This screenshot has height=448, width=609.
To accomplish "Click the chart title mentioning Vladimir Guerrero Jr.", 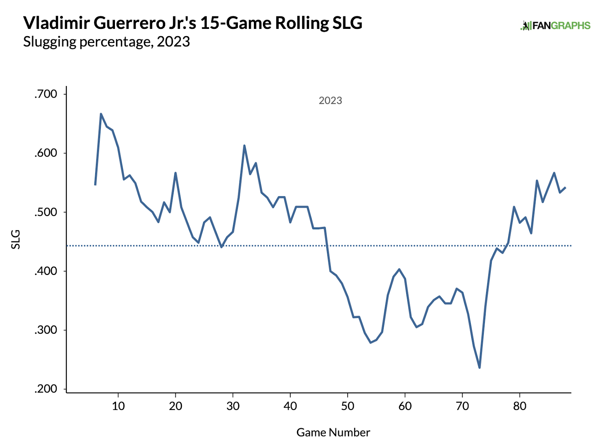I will [193, 23].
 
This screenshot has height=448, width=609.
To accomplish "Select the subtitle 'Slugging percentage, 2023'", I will [107, 41].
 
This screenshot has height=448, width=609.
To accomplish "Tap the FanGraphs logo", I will [555, 25].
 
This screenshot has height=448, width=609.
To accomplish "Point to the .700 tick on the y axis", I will [46, 94].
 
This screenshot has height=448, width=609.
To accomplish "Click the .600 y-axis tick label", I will [46, 153].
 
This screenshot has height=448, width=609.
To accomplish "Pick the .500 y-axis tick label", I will [46, 212].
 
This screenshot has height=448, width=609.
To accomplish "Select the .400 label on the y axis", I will [46, 271].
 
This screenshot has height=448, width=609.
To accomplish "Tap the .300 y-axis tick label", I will [46, 330].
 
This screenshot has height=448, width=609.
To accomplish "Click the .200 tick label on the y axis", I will [46, 389].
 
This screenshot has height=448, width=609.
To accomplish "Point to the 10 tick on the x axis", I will [118, 406].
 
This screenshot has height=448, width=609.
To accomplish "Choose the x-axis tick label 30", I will [233, 406].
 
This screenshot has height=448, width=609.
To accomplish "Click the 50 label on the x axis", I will [348, 406].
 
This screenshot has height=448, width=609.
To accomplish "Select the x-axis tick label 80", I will [520, 406].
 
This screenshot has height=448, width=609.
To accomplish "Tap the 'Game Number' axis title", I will [333, 432].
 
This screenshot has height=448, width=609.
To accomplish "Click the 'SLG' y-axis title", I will [16, 240].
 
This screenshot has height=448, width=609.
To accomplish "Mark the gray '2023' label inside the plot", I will [330, 100].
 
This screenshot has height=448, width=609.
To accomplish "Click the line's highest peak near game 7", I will [101, 113].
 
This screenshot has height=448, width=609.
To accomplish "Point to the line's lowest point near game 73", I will [480, 368].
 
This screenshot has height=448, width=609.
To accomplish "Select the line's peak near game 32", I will [244, 145].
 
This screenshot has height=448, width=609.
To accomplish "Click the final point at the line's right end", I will [565, 187].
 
